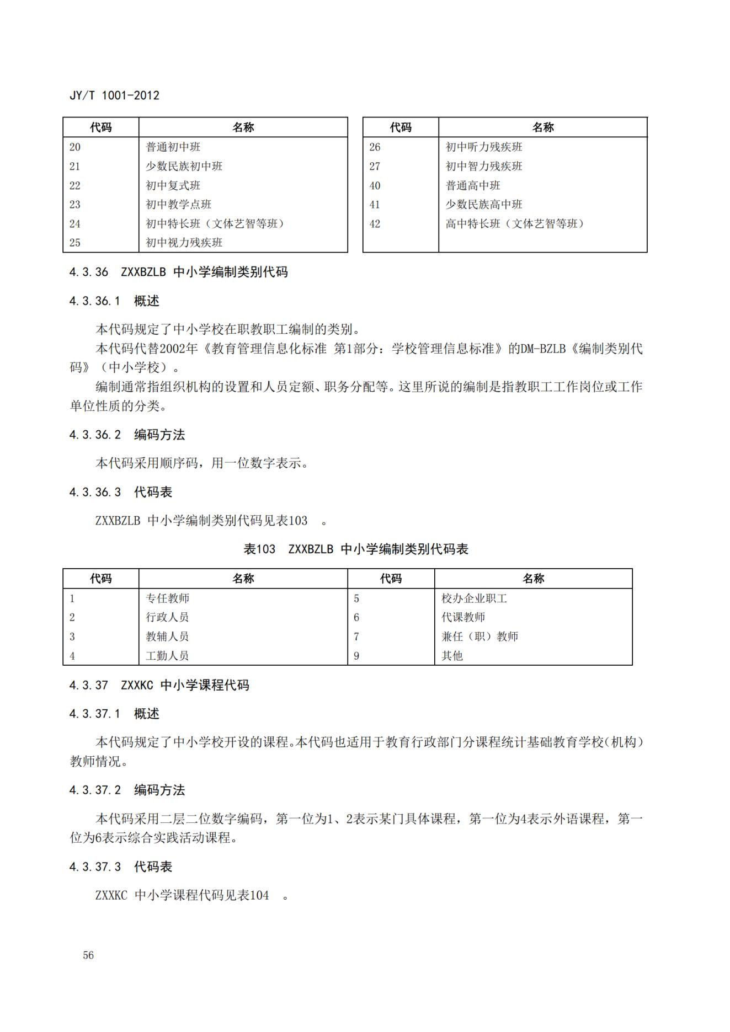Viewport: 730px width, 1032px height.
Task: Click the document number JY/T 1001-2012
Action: click(114, 95)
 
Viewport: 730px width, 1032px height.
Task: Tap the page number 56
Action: click(88, 955)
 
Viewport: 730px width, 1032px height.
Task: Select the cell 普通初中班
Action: click(173, 147)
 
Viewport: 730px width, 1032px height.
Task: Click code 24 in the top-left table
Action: click(75, 224)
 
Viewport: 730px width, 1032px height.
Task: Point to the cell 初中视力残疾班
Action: click(184, 243)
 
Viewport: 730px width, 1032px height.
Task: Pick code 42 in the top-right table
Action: click(375, 224)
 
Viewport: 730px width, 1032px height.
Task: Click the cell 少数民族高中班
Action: click(484, 205)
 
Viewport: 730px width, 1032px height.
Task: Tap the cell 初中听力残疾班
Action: click(484, 147)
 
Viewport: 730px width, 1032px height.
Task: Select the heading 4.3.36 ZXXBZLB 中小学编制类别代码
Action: click(178, 272)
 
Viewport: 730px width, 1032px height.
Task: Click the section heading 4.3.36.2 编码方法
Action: click(127, 435)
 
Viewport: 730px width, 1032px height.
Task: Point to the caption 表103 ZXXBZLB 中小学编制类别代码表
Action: click(356, 549)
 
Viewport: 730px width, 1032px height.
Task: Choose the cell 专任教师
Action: click(167, 598)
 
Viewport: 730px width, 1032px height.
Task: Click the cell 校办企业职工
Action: click(474, 598)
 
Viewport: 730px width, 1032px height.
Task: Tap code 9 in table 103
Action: click(356, 656)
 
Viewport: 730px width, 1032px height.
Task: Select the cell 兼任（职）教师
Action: click(479, 637)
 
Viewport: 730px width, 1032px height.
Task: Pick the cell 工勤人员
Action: click(167, 656)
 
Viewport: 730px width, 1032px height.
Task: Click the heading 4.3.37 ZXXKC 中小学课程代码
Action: click(159, 685)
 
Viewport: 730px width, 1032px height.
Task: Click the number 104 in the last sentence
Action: click(260, 895)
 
